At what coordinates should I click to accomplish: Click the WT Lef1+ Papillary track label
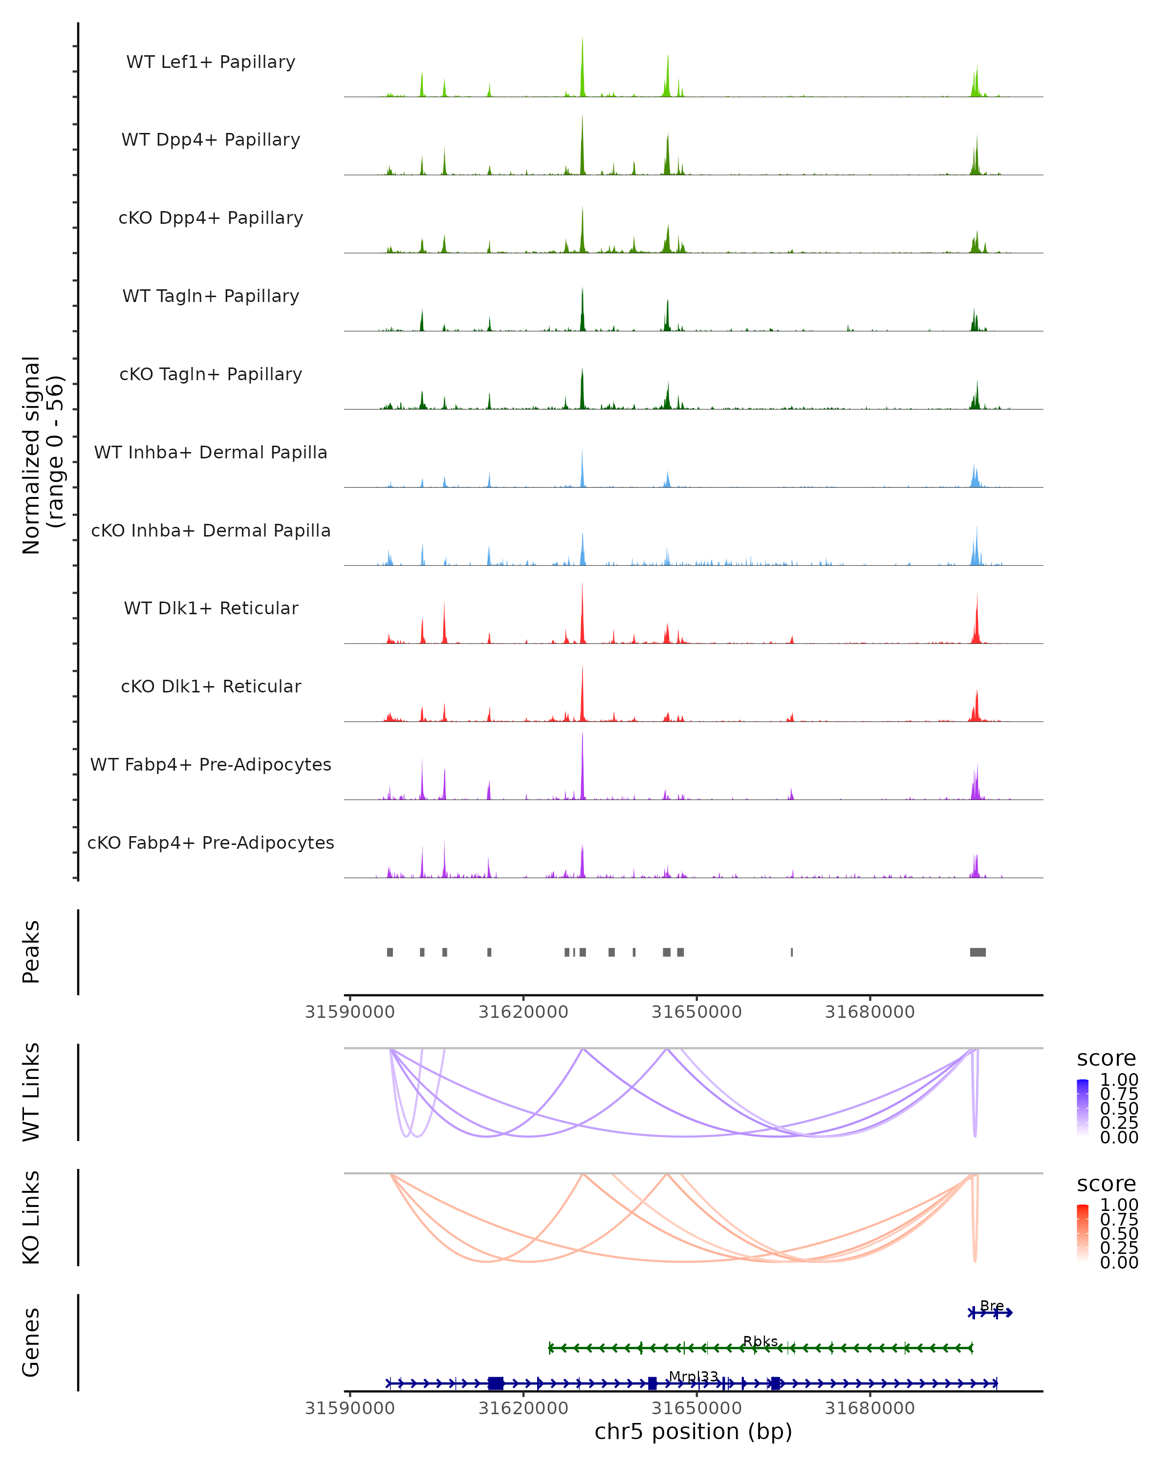tap(211, 62)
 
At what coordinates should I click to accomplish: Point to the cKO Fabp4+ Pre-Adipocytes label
tap(211, 842)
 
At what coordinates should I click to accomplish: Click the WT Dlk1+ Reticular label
tap(211, 608)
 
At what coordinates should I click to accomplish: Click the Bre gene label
tap(992, 1306)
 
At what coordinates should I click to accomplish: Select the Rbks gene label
tap(760, 1341)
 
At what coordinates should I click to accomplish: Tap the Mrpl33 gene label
tap(694, 1376)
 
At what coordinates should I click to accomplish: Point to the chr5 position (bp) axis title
tap(693, 1431)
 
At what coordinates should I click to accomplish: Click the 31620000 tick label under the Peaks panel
tap(523, 1012)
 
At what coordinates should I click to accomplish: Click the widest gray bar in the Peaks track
tap(978, 952)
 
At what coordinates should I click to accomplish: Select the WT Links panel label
tap(31, 1092)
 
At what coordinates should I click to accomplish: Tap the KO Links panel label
tap(31, 1217)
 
